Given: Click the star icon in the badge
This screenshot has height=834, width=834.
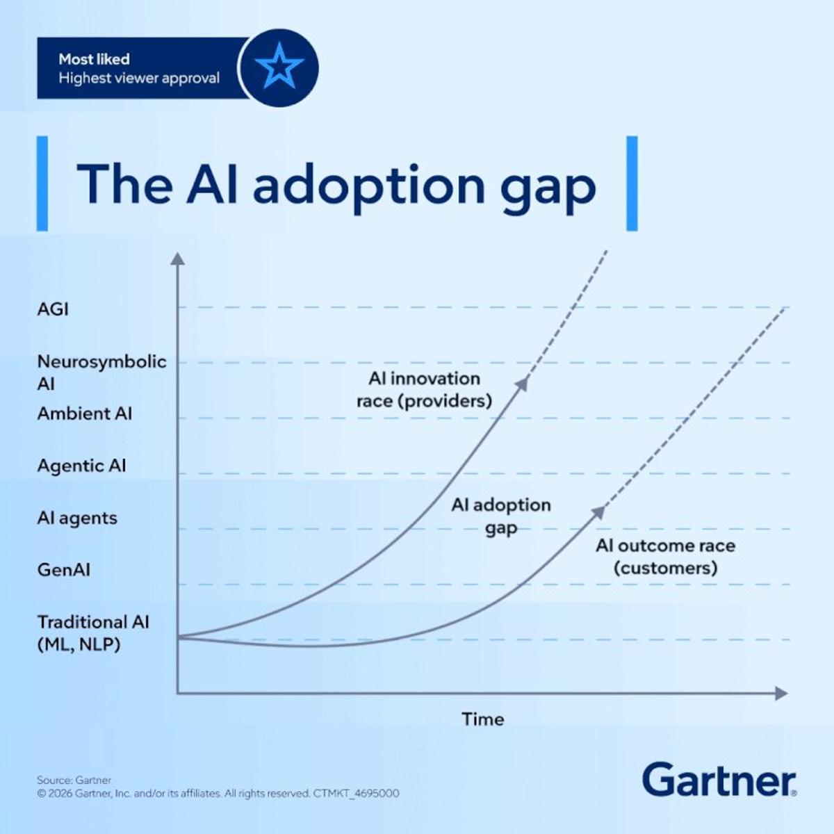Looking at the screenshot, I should (x=279, y=67).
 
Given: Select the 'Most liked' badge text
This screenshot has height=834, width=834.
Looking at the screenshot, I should (x=94, y=59).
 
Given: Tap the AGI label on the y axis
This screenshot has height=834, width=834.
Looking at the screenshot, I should (x=53, y=309).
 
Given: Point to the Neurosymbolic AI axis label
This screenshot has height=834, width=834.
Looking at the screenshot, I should (x=101, y=372).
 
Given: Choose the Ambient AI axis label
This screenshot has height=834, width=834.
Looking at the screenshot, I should (x=84, y=414).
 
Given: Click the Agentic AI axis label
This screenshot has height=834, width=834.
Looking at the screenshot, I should (x=81, y=466).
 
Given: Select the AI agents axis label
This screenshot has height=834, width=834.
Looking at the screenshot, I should (x=77, y=518).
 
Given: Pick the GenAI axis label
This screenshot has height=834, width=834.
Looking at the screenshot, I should (x=64, y=570).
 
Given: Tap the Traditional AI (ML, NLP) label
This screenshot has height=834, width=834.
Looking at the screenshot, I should (x=92, y=632).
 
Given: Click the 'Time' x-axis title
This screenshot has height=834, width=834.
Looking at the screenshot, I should (x=482, y=719).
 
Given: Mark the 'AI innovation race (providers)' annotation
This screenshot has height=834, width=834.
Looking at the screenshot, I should (x=424, y=389).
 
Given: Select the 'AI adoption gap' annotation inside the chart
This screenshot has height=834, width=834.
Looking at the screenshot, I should (x=500, y=516).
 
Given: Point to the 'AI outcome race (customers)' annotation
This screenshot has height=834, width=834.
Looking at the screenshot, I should (x=665, y=557).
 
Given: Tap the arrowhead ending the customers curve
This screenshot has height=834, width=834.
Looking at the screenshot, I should (x=598, y=512).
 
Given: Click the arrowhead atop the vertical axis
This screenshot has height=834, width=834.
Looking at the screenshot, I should (x=178, y=259).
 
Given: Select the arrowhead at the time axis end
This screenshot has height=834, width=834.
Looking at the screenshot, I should (x=781, y=693).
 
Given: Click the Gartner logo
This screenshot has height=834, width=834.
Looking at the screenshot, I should (x=719, y=780).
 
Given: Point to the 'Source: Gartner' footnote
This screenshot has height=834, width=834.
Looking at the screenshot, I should (x=74, y=780).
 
